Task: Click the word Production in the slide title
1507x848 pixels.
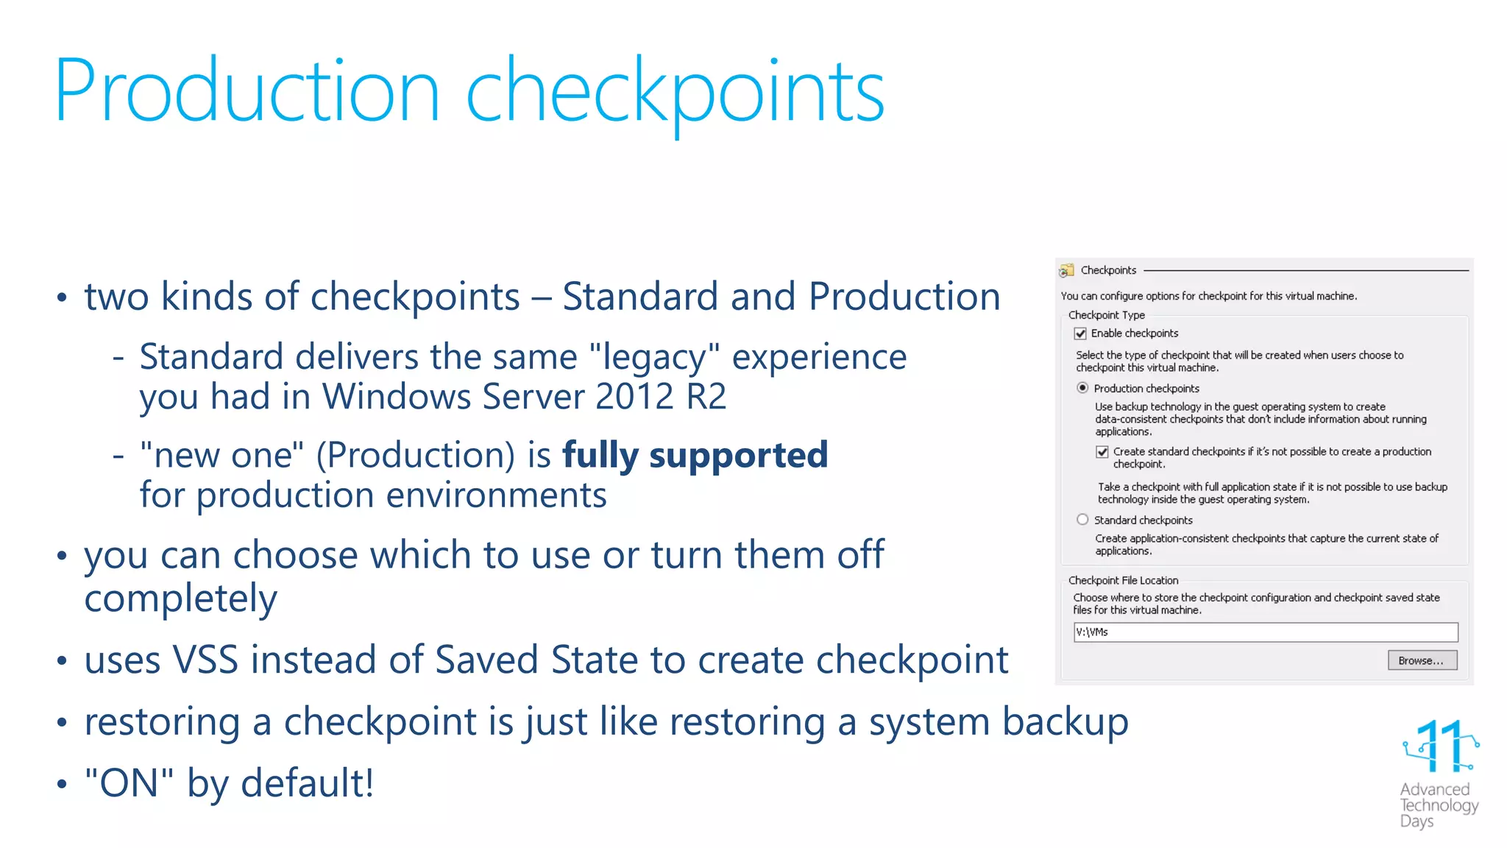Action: (247, 92)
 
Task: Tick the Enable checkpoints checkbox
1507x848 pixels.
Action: (1080, 334)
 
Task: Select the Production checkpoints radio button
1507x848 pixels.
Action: (1082, 388)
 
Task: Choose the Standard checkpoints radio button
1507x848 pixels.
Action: (1082, 520)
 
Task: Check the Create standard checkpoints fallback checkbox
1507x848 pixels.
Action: (1102, 452)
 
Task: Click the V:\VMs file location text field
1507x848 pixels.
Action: (1265, 632)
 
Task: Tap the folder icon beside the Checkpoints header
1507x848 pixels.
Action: (1066, 271)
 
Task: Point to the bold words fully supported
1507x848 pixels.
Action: (695, 455)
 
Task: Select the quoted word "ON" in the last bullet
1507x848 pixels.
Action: (129, 782)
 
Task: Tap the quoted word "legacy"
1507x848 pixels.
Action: (654, 358)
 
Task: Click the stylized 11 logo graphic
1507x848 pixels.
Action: (1440, 746)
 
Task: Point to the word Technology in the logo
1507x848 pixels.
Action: (1439, 805)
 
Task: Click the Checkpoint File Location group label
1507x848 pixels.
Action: (1123, 581)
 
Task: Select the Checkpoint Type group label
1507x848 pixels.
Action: (1106, 315)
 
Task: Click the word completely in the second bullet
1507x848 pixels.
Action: (180, 598)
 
